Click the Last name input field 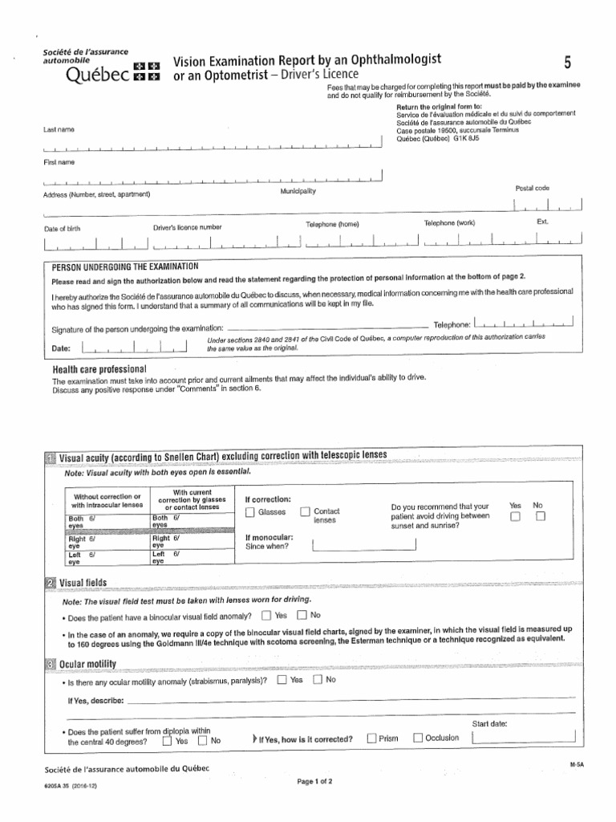213,145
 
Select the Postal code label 532,188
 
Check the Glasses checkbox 250,512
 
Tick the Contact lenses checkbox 305,512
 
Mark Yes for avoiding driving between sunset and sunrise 515,517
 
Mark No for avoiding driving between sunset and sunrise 540,517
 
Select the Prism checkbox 371,739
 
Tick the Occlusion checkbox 417,739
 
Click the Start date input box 524,738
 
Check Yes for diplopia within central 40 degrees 167,742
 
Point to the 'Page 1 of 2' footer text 314,781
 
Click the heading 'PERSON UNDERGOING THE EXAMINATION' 125,267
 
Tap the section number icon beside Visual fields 51,583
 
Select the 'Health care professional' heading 99,368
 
